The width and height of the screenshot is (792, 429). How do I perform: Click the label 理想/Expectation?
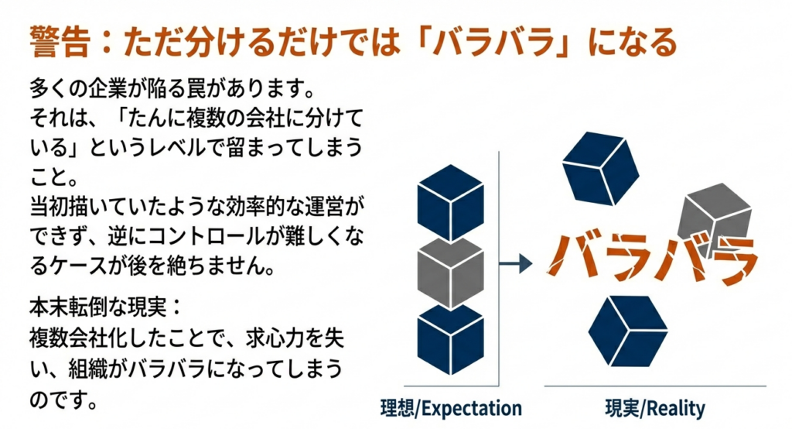point(452,407)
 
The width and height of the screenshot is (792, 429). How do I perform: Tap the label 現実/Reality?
point(654,407)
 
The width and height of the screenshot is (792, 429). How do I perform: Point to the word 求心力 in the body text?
point(275,338)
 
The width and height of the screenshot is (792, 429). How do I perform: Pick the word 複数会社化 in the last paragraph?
point(82,338)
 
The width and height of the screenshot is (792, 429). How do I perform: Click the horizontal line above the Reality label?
point(654,386)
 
